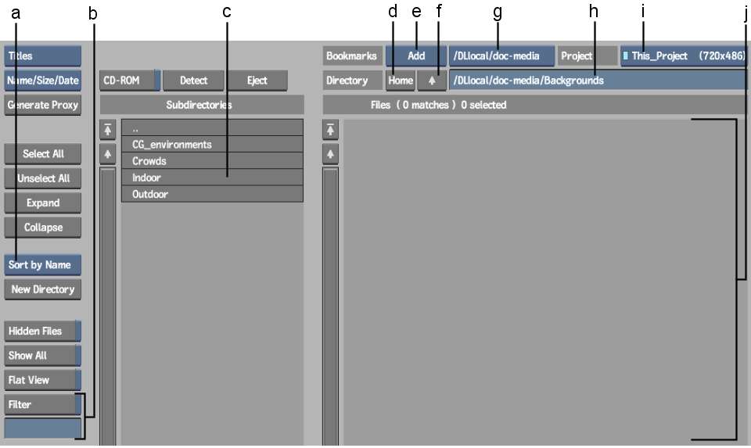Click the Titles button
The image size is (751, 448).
pos(42,56)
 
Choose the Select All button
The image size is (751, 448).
pos(42,154)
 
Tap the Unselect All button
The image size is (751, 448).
pos(42,178)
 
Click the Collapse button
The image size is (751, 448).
pos(42,228)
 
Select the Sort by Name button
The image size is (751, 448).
pos(42,265)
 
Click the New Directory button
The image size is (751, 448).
pos(42,289)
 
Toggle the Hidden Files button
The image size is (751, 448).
pos(42,332)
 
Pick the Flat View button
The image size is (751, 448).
pos(42,380)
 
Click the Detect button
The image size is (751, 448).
pos(193,81)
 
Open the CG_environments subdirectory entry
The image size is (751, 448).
pos(212,145)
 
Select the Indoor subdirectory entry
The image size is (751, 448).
pos(212,177)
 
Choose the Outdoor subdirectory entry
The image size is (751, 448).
pos(212,194)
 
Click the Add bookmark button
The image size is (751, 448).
pos(416,56)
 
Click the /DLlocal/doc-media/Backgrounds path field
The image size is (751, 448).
pos(597,81)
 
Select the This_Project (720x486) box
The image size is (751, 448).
pos(684,56)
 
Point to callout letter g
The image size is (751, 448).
pos(498,13)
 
